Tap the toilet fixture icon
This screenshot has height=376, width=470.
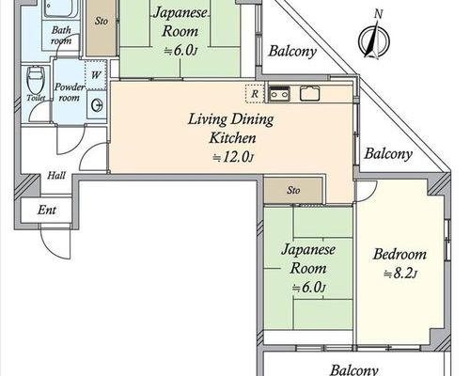point(36,79)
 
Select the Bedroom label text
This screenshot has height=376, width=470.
point(399,254)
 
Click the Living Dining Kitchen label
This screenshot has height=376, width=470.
point(231,129)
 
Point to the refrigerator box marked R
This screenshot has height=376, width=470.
point(255,93)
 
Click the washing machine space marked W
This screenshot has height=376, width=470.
point(96,75)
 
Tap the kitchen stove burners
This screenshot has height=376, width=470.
point(279,94)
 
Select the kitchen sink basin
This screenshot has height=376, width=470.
point(310,93)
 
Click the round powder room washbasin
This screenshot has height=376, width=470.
point(97,105)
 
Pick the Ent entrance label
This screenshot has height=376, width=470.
point(47,210)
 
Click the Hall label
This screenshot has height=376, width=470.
point(56,176)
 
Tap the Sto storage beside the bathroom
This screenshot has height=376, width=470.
point(102,27)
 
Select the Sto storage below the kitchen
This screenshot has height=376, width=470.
point(293,190)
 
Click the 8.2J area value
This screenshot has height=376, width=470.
point(400,274)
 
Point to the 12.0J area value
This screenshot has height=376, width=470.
point(233,157)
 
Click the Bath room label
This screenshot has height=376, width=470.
point(61,36)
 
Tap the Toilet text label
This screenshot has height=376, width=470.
point(36,98)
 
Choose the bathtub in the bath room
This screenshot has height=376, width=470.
point(61,8)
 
